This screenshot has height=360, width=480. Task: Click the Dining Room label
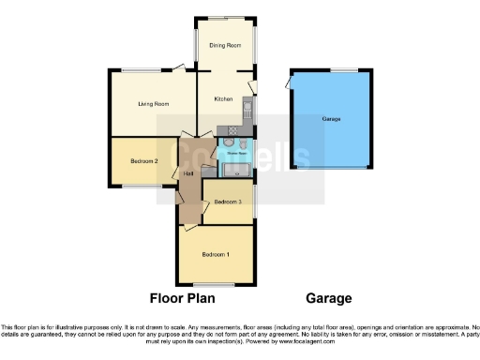(x=225, y=45)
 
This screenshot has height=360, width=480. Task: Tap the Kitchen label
(x=223, y=98)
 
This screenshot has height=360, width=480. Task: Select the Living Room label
(x=152, y=104)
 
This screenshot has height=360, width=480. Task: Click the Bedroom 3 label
(x=228, y=202)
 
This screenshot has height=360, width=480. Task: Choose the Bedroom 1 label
(x=216, y=255)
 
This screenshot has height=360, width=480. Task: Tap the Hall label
(x=188, y=174)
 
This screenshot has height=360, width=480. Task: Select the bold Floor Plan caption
(x=183, y=299)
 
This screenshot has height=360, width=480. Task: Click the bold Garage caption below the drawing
(x=329, y=299)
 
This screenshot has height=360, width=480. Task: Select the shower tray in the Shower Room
(x=236, y=169)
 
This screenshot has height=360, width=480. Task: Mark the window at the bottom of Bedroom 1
(x=214, y=284)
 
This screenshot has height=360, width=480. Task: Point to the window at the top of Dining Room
(x=225, y=18)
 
